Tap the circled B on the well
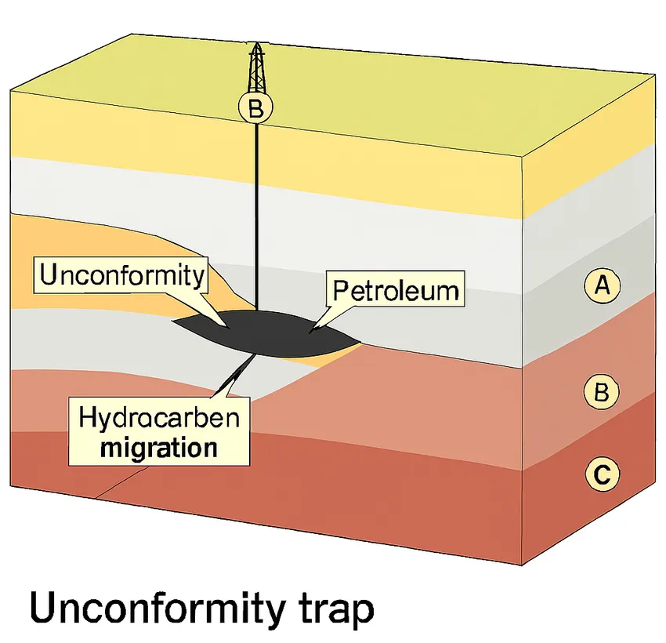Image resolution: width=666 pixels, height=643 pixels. coord(256,109)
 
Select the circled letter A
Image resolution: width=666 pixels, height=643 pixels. coord(602,285)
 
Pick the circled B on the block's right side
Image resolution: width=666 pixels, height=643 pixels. coord(602,392)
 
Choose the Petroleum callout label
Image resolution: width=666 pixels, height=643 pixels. coord(395,290)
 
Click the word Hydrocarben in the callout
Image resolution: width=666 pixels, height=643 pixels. coord(160,418)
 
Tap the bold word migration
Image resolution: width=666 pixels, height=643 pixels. coord(160,448)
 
